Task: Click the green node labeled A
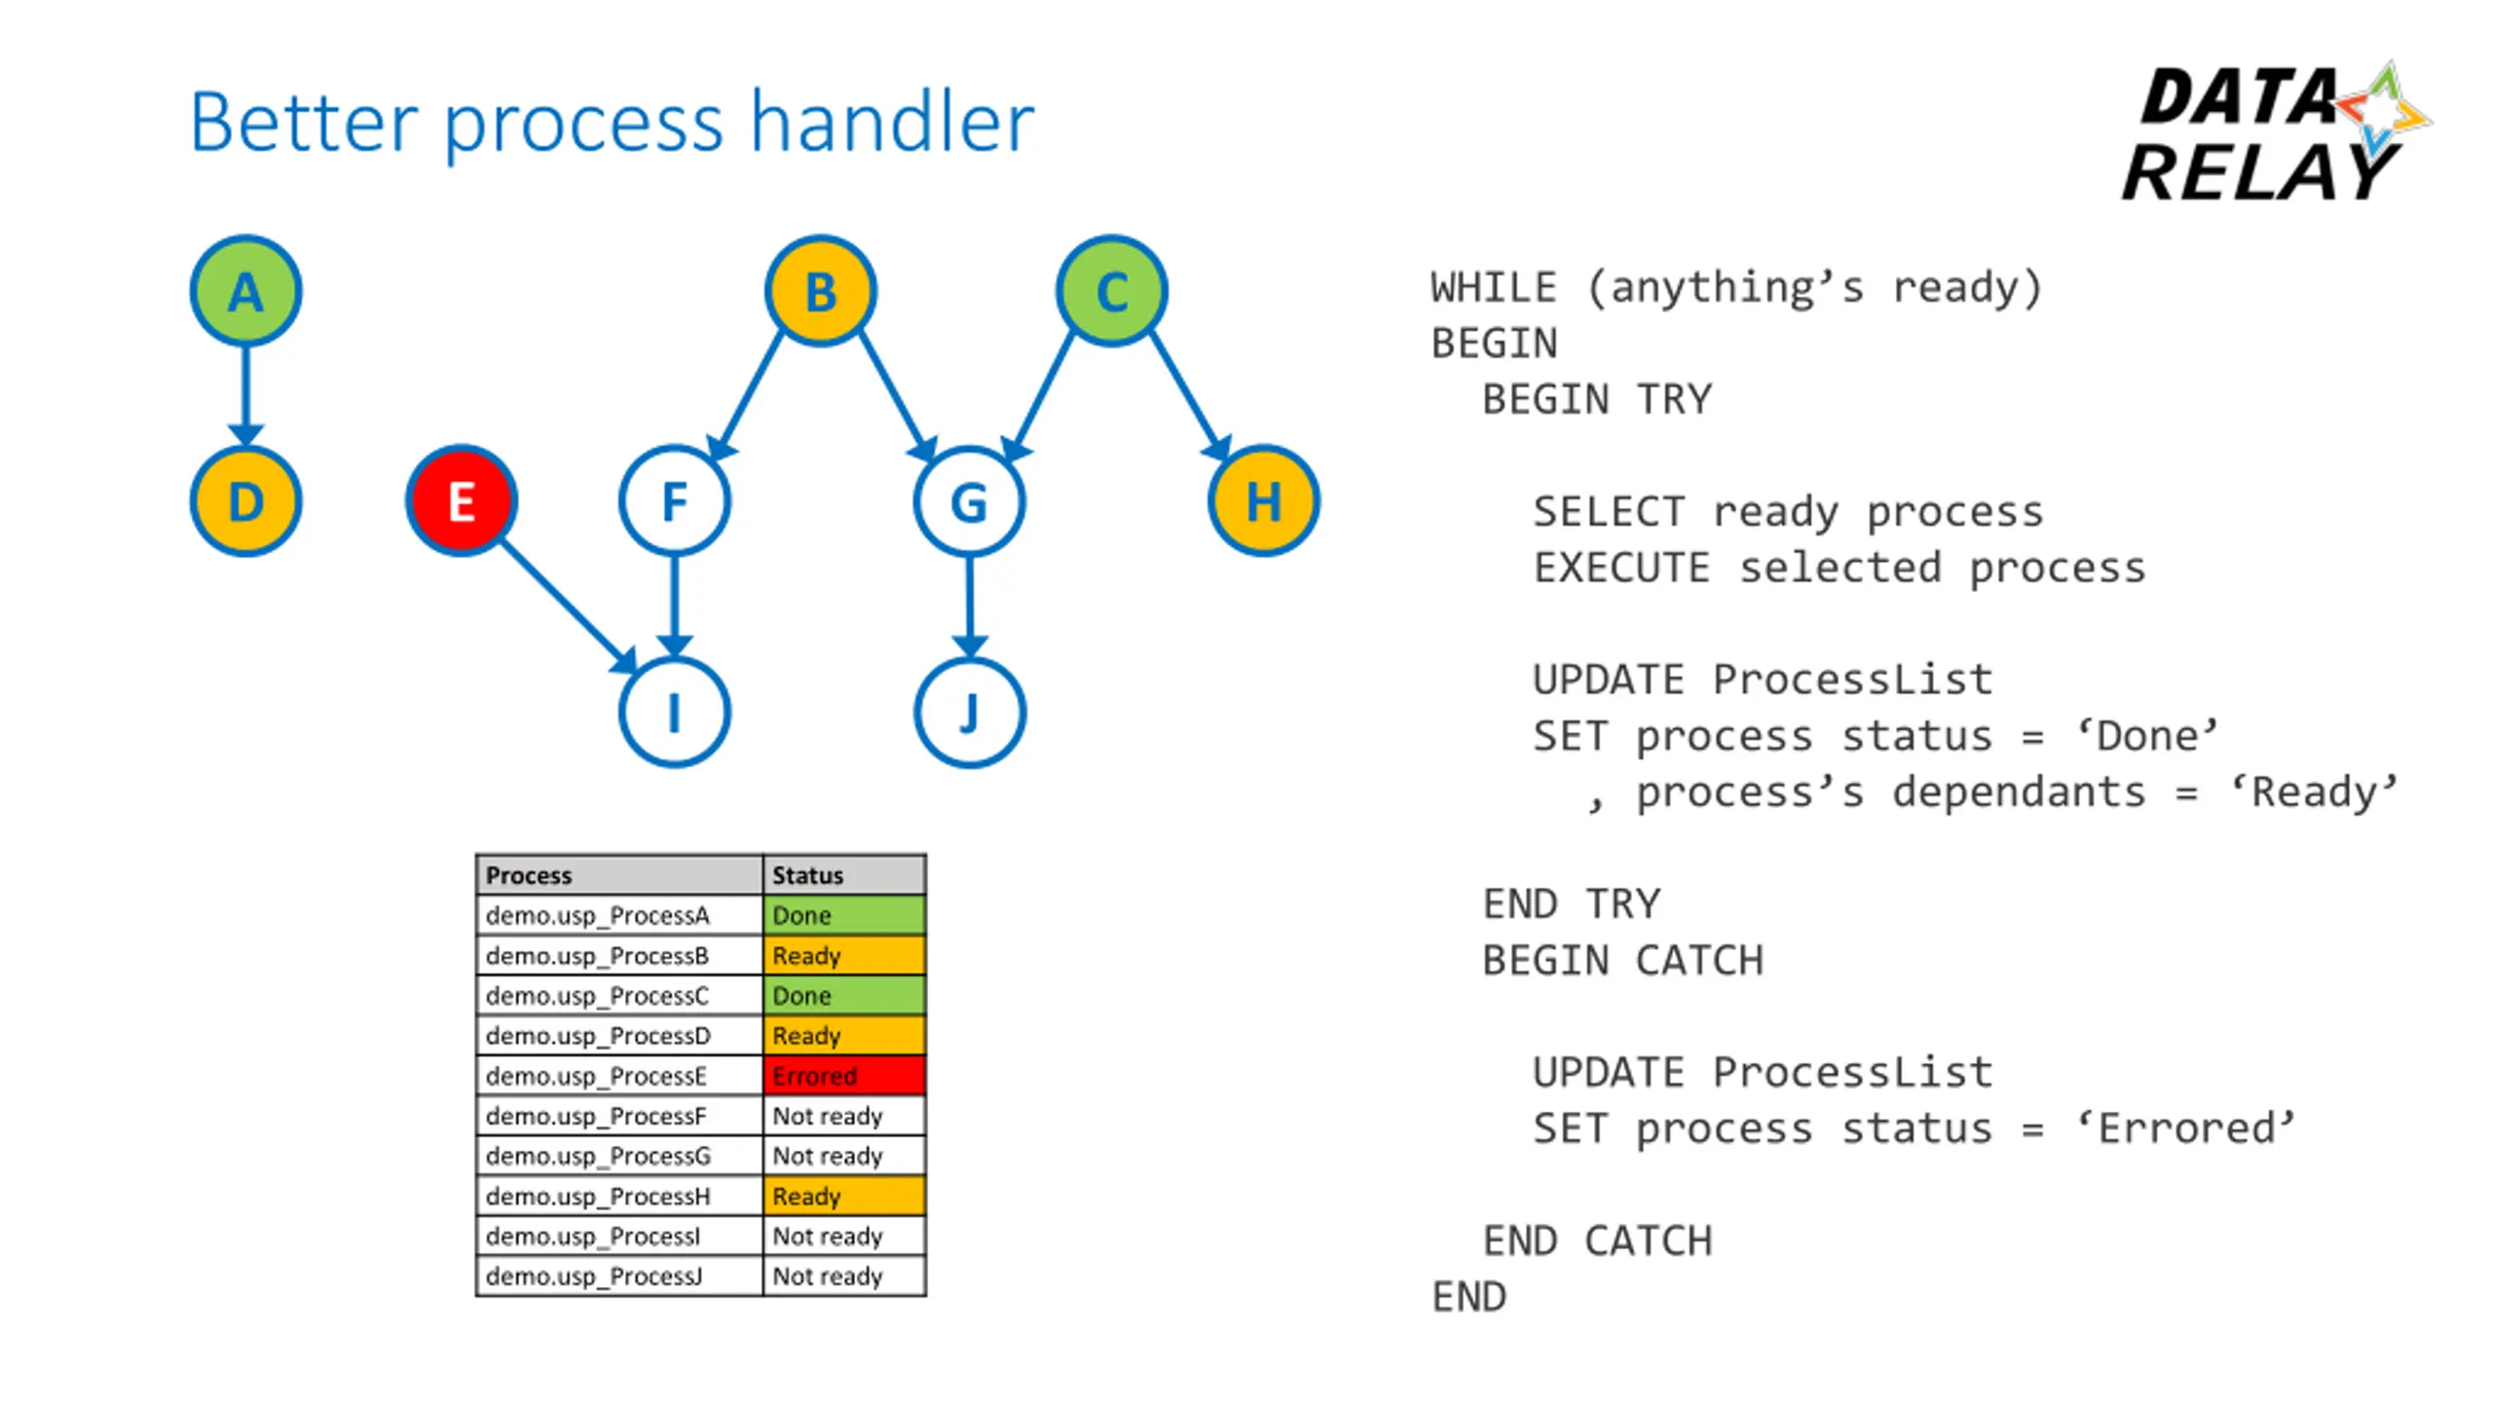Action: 245,291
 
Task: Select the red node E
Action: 462,501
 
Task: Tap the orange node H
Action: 1264,501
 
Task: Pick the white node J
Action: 969,713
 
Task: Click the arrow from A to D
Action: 245,396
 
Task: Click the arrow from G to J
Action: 969,608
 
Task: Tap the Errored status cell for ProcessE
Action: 844,1076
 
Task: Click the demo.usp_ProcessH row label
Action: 598,1196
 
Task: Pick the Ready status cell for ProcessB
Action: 844,955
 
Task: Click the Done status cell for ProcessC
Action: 844,995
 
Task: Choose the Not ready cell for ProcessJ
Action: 844,1275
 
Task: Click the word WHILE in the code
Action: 1495,288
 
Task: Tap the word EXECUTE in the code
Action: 1621,568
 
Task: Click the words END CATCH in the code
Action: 1597,1241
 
